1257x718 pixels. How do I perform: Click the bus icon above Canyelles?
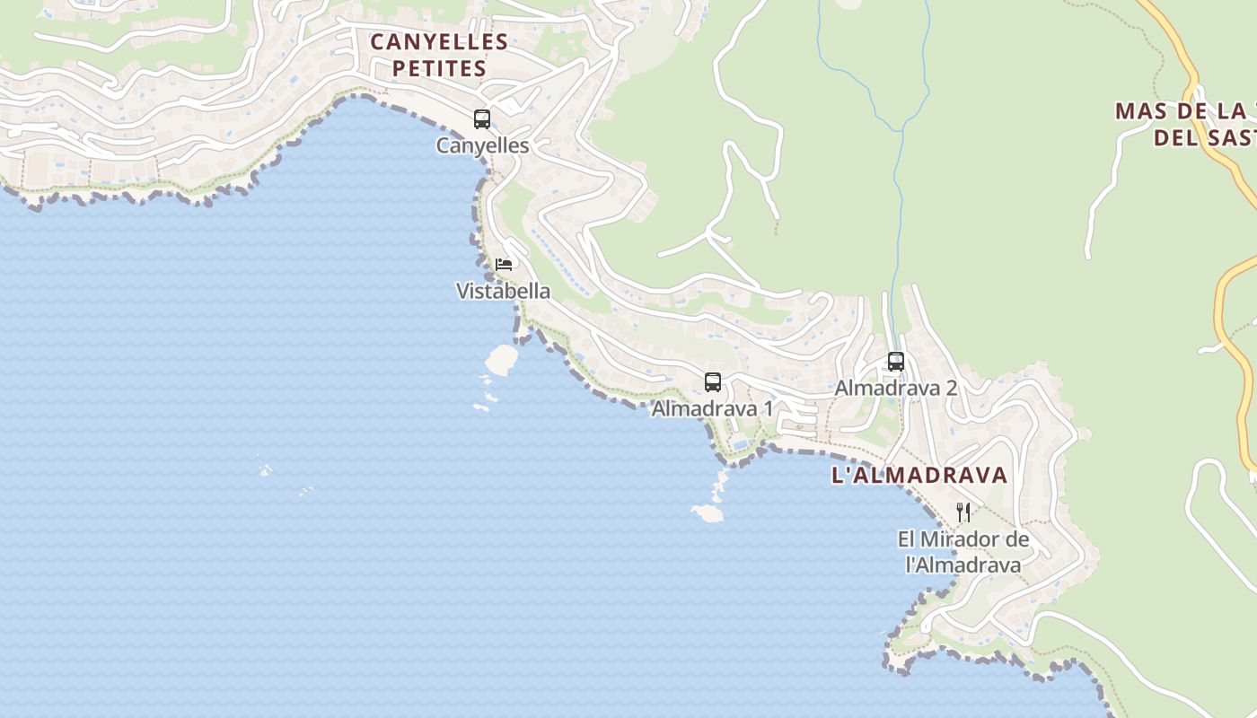coord(482,118)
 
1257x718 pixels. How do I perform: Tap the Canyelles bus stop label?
coord(482,145)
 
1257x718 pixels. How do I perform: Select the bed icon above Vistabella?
coord(504,265)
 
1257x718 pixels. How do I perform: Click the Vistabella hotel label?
coord(503,291)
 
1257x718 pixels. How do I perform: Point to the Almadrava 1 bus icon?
coord(713,382)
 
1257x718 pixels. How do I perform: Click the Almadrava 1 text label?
coord(712,408)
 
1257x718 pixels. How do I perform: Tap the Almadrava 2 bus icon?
coord(896,362)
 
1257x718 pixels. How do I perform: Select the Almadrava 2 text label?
coord(895,388)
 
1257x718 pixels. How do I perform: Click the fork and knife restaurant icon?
coord(963,512)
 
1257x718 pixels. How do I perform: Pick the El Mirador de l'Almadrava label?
coord(963,552)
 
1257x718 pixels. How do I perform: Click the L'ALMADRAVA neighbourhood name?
coord(919,476)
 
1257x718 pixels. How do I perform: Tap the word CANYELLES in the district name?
coord(439,41)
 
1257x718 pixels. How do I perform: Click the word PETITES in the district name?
coord(439,68)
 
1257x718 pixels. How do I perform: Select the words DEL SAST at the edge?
coord(1203,137)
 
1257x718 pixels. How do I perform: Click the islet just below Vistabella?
coord(501,360)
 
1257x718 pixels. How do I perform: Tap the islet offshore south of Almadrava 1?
coord(708,512)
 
